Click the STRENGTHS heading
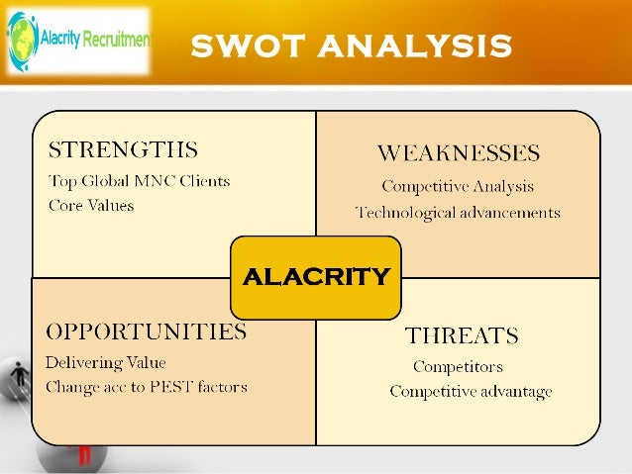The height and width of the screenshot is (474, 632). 123,151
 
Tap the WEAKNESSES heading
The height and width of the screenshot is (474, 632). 458,153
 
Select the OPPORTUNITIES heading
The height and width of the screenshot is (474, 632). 146,332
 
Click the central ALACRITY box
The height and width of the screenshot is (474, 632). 316,276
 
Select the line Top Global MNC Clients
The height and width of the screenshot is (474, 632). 139,181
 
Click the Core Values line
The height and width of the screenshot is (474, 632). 91,206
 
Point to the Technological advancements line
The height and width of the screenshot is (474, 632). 458,213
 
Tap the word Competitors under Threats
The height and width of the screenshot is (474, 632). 458,367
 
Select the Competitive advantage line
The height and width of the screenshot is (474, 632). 471,392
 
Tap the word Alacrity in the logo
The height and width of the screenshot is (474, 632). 59,41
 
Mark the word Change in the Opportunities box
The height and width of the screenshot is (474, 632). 72,387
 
